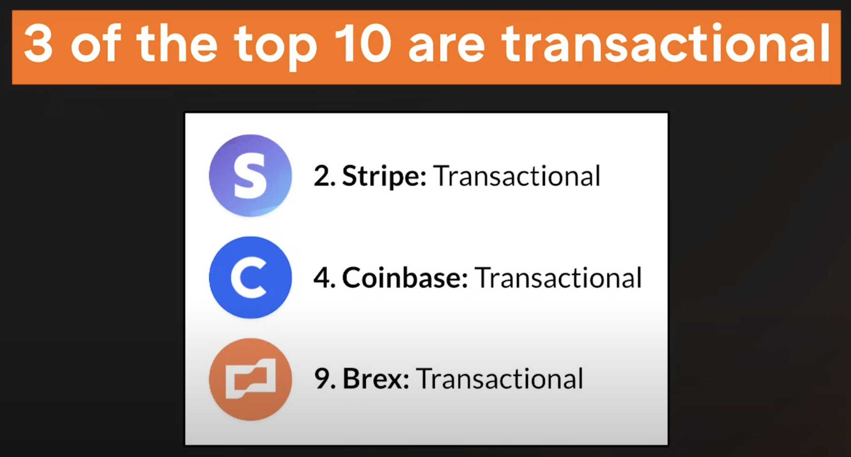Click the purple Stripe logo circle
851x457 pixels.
250,175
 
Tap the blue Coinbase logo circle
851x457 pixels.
250,277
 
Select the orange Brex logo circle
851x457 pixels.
250,379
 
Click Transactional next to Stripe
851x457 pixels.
517,176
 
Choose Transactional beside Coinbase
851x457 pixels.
558,278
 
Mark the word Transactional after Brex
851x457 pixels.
500,379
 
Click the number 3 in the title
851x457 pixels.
39,43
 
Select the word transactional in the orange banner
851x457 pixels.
666,43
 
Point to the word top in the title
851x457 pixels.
275,47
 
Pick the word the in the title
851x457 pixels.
177,43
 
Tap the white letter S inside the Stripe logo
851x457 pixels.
250,176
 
